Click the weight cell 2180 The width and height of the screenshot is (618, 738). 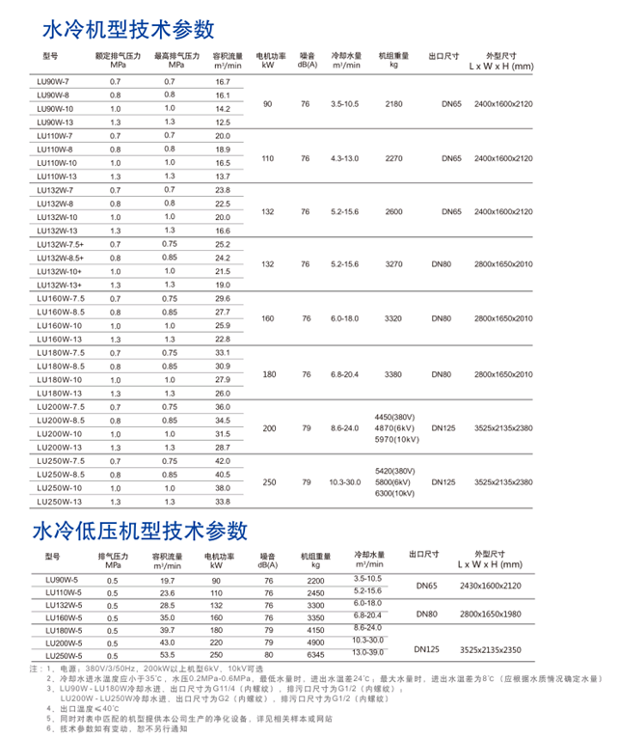(393, 102)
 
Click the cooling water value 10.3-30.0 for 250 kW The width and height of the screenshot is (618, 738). (344, 480)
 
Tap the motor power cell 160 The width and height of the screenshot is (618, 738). (268, 318)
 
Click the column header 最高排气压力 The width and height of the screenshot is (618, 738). (176, 57)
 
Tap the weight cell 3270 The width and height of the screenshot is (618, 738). (393, 263)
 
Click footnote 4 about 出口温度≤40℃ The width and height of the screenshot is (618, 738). (88, 707)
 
